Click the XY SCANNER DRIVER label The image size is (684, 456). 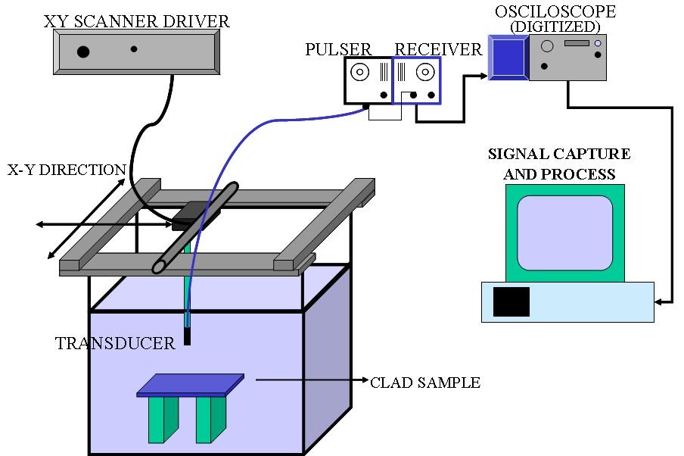tap(136, 20)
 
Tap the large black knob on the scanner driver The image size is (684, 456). tap(82, 52)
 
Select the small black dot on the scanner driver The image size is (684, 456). tap(134, 49)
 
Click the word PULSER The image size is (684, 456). tap(338, 50)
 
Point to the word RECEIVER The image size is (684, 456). tap(438, 50)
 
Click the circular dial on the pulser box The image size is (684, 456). tap(360, 73)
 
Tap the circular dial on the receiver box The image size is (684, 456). tap(426, 73)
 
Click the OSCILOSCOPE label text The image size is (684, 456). tap(555, 11)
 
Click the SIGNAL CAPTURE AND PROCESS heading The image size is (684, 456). tap(559, 164)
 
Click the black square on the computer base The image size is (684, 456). tap(511, 301)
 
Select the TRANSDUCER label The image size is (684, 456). tap(115, 344)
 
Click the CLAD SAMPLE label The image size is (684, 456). tap(425, 383)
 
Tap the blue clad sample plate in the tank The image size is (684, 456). tap(191, 385)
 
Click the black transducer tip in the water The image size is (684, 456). tap(187, 334)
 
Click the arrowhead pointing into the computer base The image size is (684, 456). tap(660, 302)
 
